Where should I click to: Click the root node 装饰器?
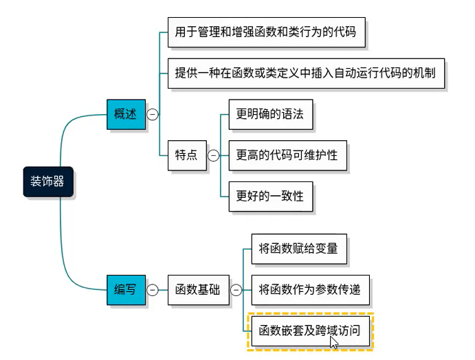coord(47,181)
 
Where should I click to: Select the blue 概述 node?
coord(126,115)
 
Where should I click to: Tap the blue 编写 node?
coord(126,290)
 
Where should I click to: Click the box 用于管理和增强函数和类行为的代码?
coord(265,32)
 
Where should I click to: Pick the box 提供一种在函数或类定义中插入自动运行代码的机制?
coord(305,73)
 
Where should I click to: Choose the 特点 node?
coord(186,155)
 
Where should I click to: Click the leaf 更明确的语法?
coord(270,115)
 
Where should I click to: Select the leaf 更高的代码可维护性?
coord(287,155)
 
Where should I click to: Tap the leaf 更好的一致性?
coord(270,196)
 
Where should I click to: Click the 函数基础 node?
coord(197,290)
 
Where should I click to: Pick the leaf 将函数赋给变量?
coord(298,249)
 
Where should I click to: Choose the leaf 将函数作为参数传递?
coord(310,290)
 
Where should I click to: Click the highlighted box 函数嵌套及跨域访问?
coord(310,330)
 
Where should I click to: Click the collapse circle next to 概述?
coord(153,115)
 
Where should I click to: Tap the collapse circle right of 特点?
coord(213,156)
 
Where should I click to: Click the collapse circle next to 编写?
coord(153,290)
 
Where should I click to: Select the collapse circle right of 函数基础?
coord(236,290)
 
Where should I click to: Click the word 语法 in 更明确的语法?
coord(293,115)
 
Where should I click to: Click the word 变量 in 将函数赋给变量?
coord(327,249)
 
